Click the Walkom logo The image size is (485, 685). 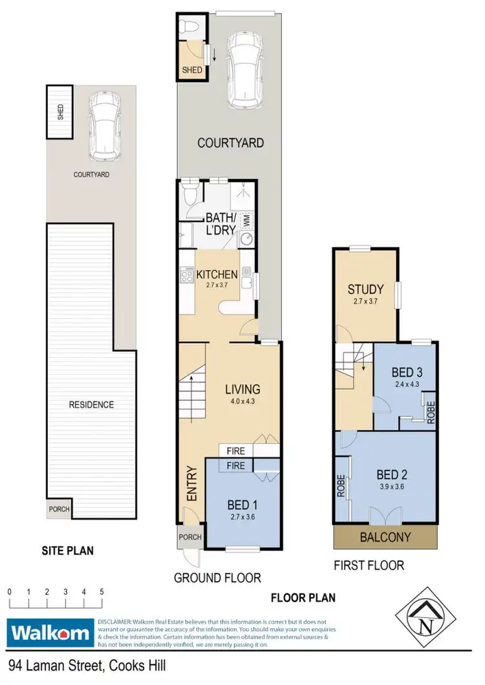pyautogui.click(x=50, y=631)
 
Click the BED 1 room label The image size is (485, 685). pyautogui.click(x=243, y=505)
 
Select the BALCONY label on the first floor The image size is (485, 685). pyautogui.click(x=385, y=536)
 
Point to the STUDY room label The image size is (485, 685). pyautogui.click(x=365, y=289)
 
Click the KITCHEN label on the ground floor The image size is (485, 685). pyautogui.click(x=217, y=274)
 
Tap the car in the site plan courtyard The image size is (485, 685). pyautogui.click(x=104, y=126)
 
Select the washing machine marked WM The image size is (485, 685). pyautogui.click(x=246, y=220)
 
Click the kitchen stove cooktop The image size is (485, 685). pyautogui.click(x=187, y=277)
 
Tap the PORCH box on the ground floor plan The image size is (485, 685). pyautogui.click(x=190, y=537)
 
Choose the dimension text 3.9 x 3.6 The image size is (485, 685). pyautogui.click(x=391, y=488)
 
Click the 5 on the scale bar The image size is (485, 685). pyautogui.click(x=102, y=591)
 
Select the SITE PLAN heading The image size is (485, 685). pyautogui.click(x=69, y=551)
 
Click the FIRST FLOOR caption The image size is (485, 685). pyautogui.click(x=369, y=565)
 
